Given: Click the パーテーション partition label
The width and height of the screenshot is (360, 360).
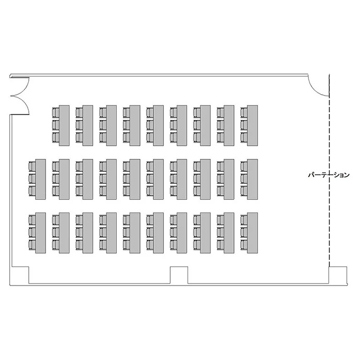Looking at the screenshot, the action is (328, 175).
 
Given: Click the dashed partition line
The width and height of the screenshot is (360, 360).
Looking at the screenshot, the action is (329, 170).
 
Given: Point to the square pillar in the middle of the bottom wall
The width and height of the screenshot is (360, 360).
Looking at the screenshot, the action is (179, 275).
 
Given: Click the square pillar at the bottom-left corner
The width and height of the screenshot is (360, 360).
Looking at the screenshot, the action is (20, 275).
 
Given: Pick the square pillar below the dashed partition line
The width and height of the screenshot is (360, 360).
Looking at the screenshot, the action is (338, 275).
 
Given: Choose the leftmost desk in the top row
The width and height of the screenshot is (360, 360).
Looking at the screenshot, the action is (64, 125).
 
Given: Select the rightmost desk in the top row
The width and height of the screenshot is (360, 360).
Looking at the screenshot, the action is (252, 125).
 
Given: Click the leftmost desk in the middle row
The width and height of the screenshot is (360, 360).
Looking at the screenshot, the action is (40, 179).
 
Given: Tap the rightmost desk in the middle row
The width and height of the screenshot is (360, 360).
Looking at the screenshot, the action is (252, 179).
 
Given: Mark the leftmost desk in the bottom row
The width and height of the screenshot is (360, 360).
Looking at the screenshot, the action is (40, 233).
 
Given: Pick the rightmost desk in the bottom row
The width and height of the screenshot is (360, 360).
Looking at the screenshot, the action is (252, 233).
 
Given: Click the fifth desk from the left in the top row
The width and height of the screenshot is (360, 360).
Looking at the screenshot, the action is (158, 125).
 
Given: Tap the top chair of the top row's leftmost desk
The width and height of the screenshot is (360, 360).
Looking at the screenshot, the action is (56, 112).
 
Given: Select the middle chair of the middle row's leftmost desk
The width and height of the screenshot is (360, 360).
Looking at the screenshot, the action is (32, 179).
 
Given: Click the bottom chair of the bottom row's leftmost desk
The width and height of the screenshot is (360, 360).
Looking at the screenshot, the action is (32, 244).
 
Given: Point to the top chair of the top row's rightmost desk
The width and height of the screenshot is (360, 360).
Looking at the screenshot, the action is (244, 112).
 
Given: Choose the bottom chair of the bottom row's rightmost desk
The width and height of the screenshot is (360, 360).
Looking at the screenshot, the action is (244, 244).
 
